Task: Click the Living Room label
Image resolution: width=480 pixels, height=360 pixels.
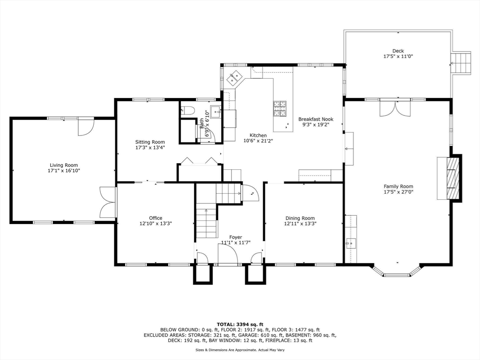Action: click(64, 165)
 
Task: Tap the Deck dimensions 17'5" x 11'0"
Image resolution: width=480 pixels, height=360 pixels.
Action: click(398, 57)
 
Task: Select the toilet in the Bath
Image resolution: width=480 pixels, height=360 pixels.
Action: click(187, 111)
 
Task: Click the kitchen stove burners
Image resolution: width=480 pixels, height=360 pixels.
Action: click(280, 109)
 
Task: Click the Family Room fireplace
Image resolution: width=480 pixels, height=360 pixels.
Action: click(453, 178)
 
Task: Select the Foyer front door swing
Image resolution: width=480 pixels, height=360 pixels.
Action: click(228, 255)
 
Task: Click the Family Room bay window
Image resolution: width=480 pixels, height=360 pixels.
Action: click(397, 271)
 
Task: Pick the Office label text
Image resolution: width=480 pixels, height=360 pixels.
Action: click(156, 218)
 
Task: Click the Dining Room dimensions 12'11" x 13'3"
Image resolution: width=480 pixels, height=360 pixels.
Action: click(300, 224)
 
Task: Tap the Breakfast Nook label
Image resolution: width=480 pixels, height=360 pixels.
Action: click(315, 119)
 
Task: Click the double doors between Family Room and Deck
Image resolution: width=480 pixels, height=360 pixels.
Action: click(395, 108)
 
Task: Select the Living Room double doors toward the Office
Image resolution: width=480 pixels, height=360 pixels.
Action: click(107, 202)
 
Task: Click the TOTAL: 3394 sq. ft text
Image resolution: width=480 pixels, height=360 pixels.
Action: click(240, 324)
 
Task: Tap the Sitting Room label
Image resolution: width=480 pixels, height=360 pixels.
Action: click(150, 142)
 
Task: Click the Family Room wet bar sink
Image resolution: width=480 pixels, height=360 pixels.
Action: click(351, 244)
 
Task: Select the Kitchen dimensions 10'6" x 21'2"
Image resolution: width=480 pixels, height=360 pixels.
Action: click(258, 141)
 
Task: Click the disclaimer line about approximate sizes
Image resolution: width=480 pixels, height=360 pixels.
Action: click(240, 350)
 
